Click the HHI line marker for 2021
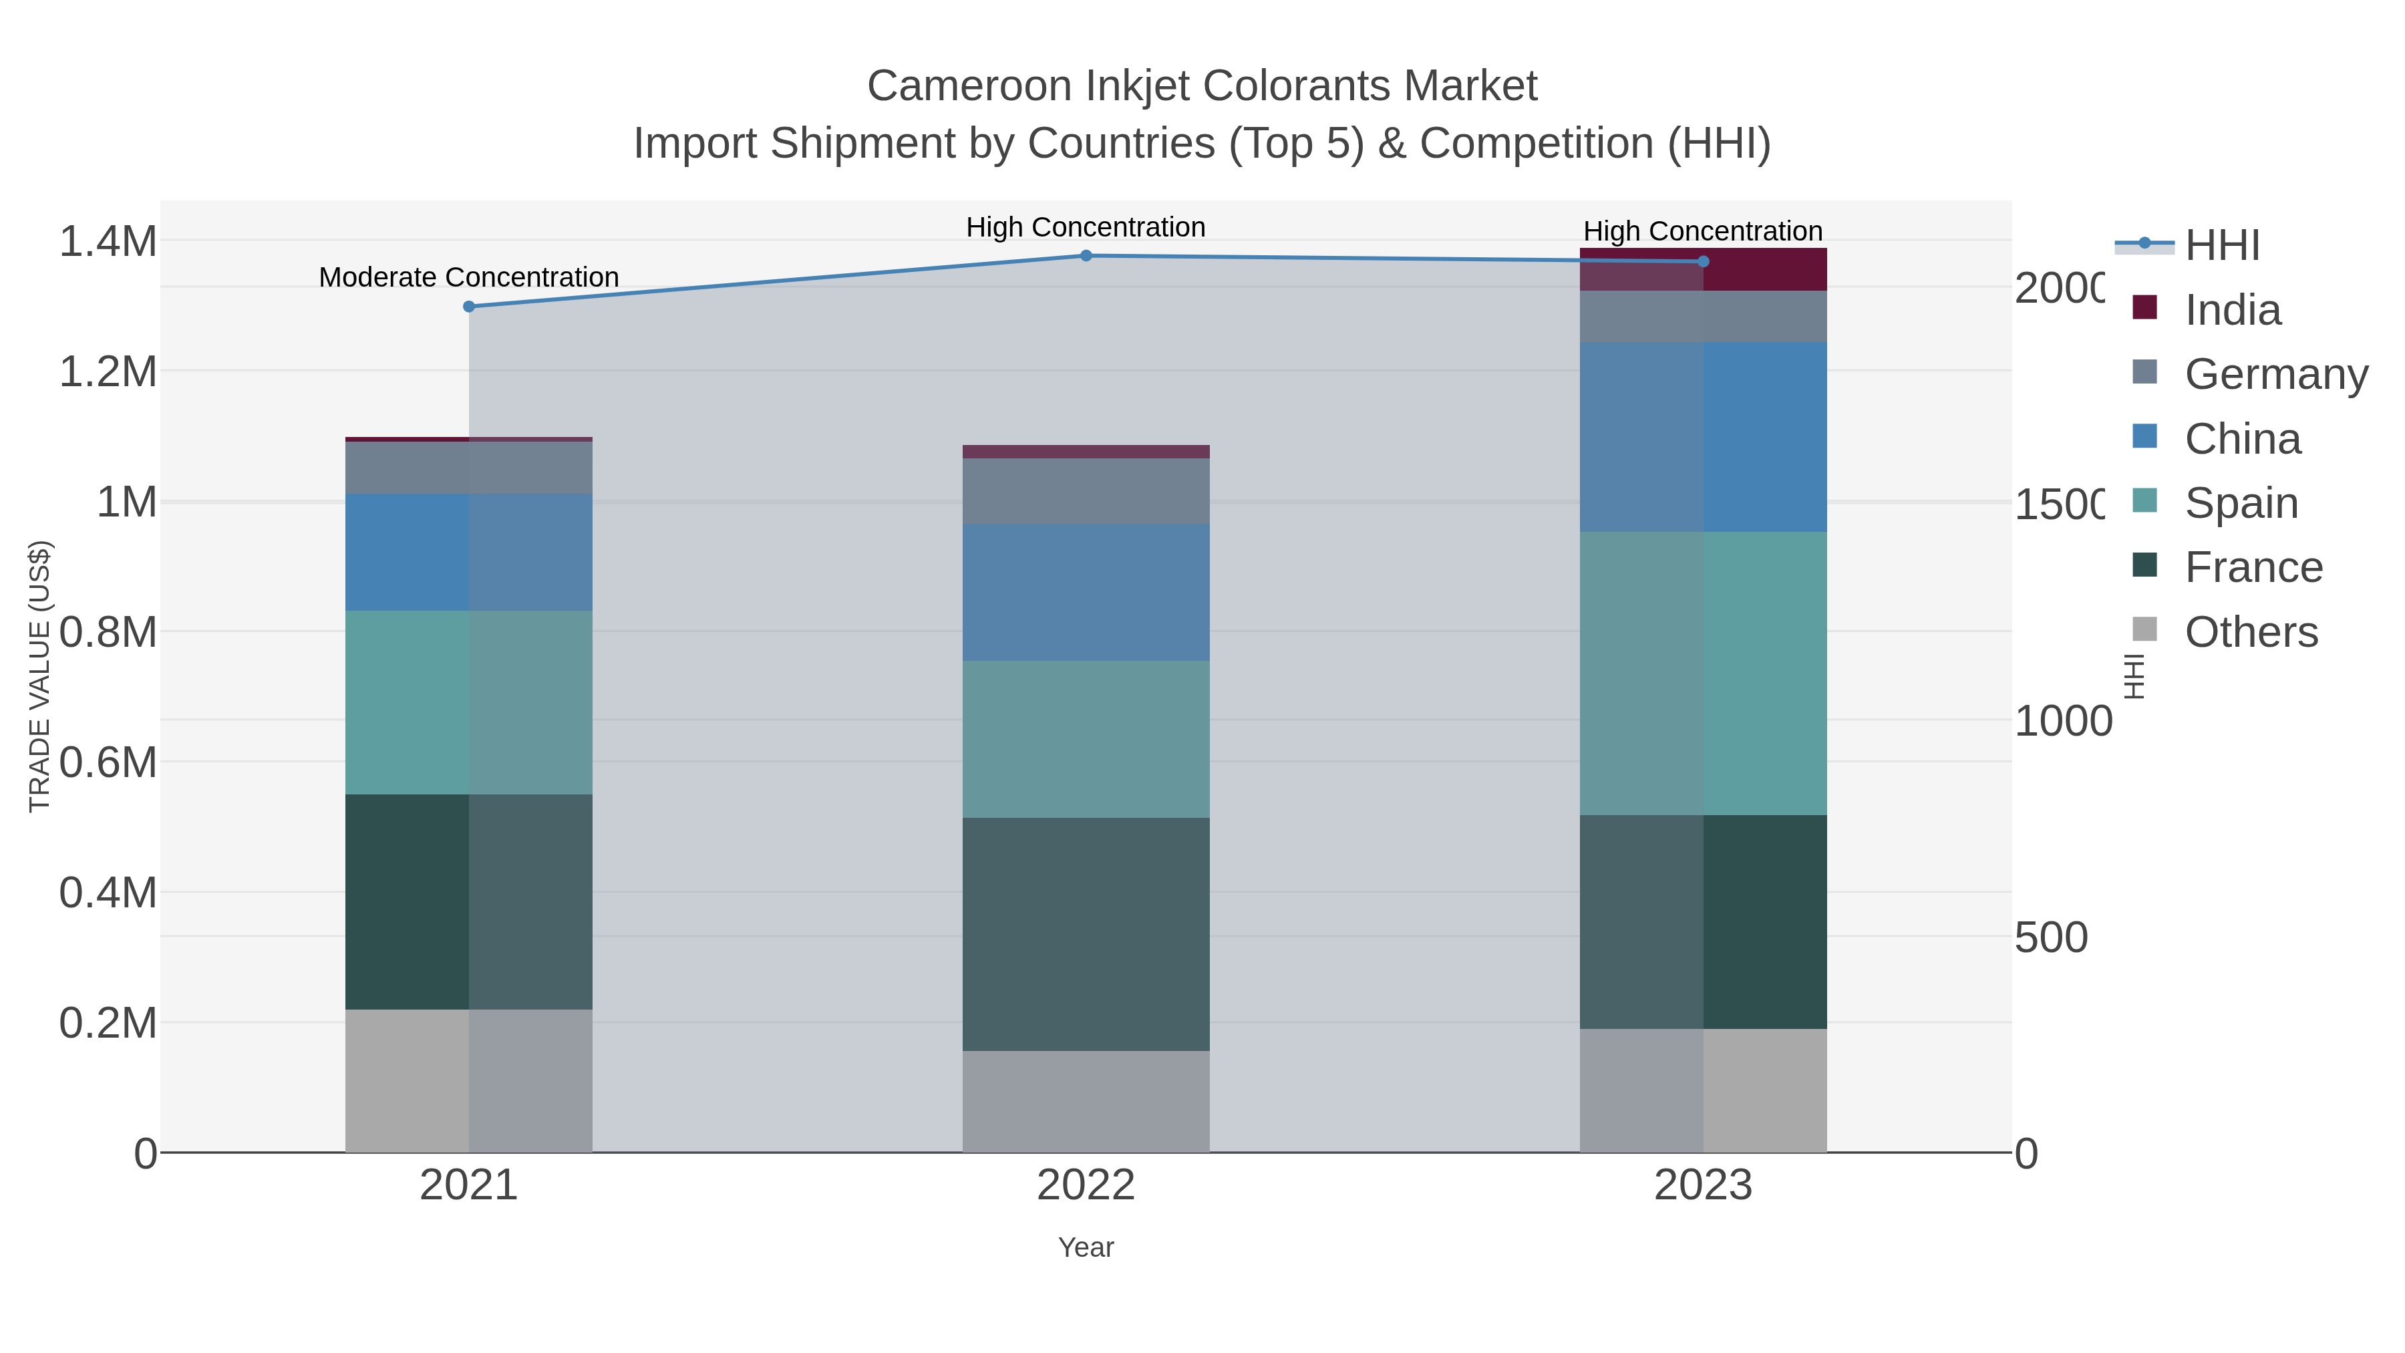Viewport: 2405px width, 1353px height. coord(469,306)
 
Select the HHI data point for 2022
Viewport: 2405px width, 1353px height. coord(1086,256)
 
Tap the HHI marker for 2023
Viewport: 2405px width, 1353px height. coord(1703,261)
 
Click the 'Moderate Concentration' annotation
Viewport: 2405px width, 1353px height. coord(469,277)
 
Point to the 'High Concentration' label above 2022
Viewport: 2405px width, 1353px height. coord(1086,227)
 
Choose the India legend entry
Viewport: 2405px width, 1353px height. coord(2232,310)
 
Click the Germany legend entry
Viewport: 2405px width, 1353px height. coord(2275,374)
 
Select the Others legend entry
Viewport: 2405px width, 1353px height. coord(2251,632)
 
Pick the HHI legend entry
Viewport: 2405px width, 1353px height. coord(2222,246)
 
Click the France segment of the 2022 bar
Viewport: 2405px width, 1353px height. coord(1086,934)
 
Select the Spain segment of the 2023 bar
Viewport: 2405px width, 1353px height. coord(1703,673)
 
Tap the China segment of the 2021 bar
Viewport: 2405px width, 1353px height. coord(469,552)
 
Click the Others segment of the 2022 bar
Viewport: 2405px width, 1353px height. coord(1086,1101)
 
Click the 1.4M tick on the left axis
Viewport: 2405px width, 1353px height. coord(108,242)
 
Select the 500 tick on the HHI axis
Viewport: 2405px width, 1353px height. coord(2051,937)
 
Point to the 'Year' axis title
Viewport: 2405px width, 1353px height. coord(1086,1247)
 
